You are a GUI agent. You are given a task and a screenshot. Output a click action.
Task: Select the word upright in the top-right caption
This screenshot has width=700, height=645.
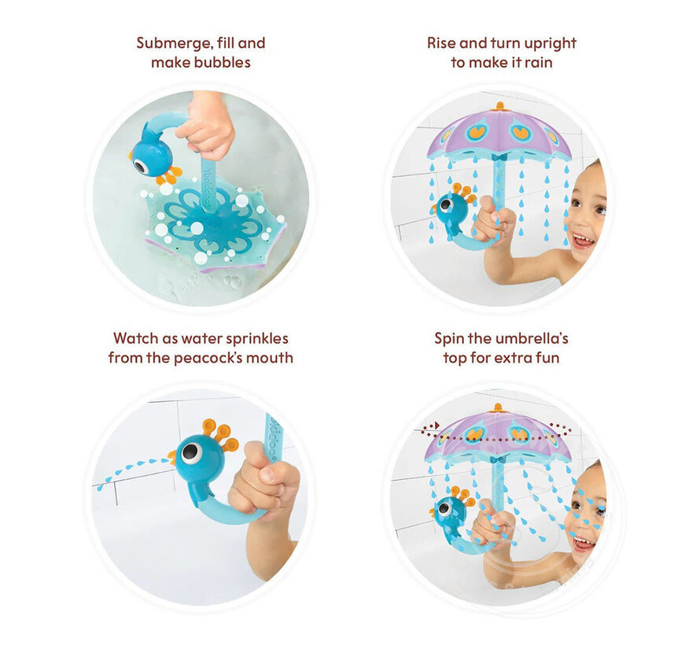coord(550,44)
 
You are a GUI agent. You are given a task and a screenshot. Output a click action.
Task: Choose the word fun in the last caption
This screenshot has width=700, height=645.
coord(547,358)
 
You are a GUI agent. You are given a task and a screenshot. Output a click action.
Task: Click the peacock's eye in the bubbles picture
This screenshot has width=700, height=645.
coord(142,167)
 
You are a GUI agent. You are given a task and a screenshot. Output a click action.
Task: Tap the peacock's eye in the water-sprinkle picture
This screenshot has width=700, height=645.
coord(191,454)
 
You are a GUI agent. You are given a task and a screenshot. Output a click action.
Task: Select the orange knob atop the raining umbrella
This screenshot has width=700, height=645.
coord(499,107)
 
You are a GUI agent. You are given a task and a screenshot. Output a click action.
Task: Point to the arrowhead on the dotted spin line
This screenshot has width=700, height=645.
coord(437,426)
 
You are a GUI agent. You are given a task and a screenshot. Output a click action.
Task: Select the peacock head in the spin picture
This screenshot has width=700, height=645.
coord(449,511)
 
